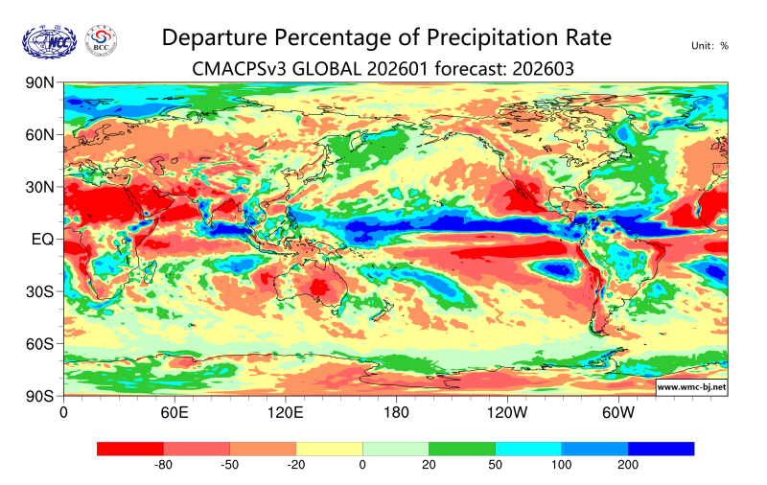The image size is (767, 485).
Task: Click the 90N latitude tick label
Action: [x=39, y=83]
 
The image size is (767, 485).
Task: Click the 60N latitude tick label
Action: [x=39, y=135]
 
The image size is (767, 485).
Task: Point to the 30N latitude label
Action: [x=39, y=187]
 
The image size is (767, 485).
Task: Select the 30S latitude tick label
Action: [x=39, y=291]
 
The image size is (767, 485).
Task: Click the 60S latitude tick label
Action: [x=39, y=343]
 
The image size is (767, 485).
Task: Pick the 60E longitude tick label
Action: [x=174, y=413]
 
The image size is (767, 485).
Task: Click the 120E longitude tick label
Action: [x=285, y=413]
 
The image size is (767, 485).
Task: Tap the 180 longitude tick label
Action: [x=396, y=413]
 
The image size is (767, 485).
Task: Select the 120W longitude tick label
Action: [x=507, y=413]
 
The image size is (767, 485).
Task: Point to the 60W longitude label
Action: [x=618, y=413]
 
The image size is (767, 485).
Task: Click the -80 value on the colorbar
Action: [x=163, y=465]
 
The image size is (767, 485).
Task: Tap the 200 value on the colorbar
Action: [x=628, y=465]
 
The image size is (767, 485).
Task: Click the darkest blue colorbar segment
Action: [x=661, y=448]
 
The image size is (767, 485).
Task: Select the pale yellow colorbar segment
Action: [x=329, y=448]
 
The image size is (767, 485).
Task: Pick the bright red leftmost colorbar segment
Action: [x=130, y=448]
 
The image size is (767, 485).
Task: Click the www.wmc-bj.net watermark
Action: [x=690, y=387]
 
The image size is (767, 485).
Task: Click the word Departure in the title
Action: [x=215, y=37]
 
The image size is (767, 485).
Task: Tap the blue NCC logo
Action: [x=47, y=40]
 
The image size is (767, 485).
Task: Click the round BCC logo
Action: [x=102, y=39]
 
